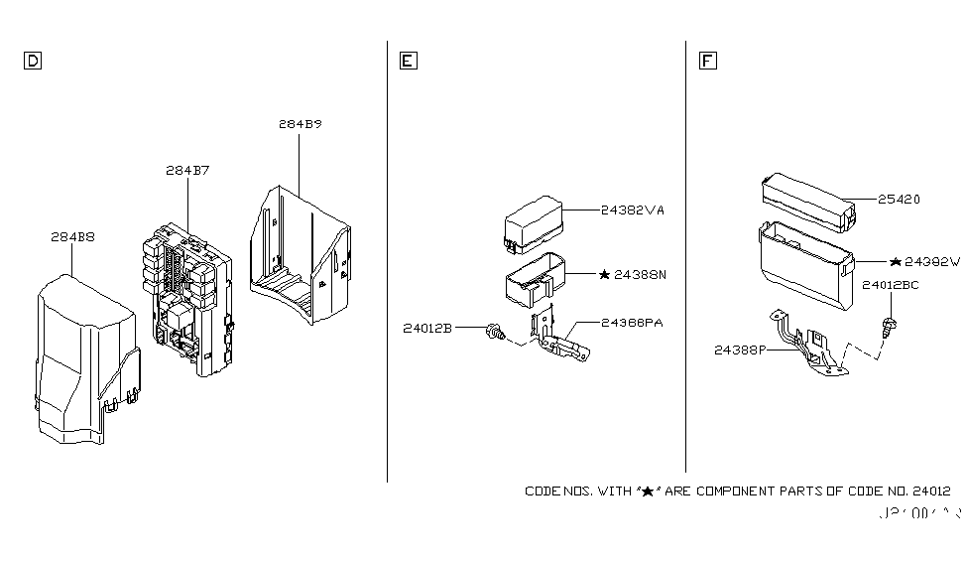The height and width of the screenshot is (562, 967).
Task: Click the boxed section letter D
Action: [x=32, y=62]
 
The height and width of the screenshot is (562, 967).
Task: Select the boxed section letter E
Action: [x=408, y=62]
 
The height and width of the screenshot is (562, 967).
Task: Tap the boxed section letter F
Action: [x=707, y=62]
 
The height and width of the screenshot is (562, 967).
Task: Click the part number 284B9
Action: [x=300, y=126]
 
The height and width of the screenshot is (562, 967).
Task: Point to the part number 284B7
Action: [x=187, y=170]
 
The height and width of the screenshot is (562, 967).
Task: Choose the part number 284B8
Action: [x=72, y=236]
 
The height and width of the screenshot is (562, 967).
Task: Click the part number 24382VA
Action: [x=632, y=211]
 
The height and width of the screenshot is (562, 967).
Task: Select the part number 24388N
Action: [x=640, y=272]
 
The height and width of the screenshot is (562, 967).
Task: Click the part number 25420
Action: [x=899, y=200]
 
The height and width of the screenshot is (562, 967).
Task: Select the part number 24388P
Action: [x=740, y=350]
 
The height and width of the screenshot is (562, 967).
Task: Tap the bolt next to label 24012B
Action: [x=493, y=335]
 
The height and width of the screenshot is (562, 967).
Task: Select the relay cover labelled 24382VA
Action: [x=535, y=226]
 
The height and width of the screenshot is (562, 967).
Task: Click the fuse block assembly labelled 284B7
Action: [x=188, y=293]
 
